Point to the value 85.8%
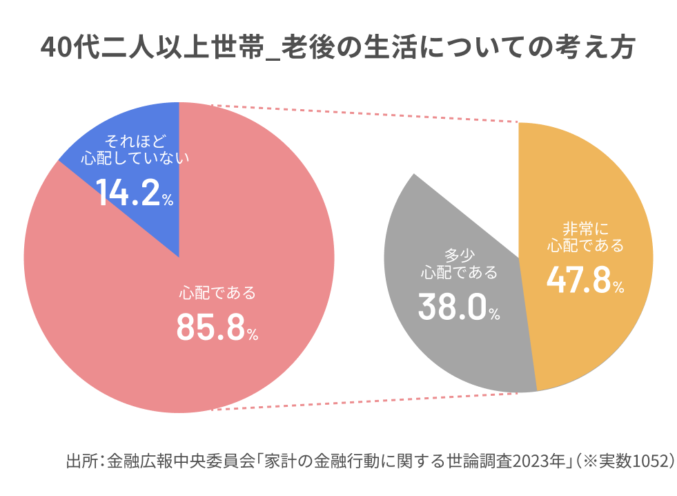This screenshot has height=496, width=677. (x=216, y=327)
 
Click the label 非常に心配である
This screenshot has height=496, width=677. (x=585, y=237)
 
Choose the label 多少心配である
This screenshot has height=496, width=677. (x=458, y=263)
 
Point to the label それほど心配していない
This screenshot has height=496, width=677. (x=135, y=149)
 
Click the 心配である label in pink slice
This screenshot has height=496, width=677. (x=217, y=293)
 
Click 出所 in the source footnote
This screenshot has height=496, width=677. (x=80, y=461)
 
